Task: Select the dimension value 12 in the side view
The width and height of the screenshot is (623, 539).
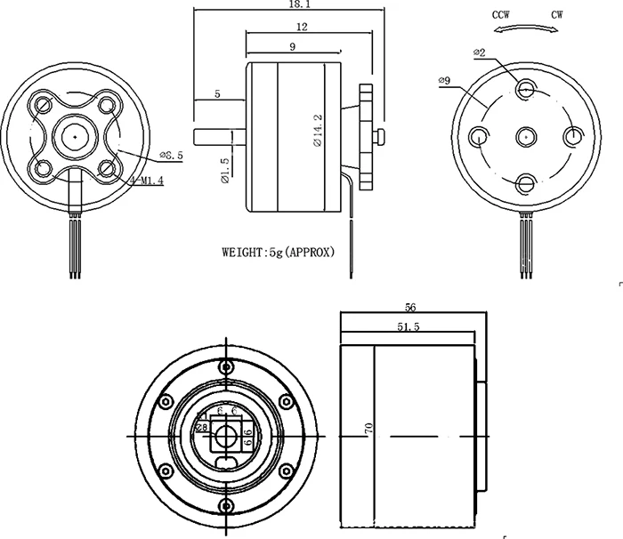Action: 303,28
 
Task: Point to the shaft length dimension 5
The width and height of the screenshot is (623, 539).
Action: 216,93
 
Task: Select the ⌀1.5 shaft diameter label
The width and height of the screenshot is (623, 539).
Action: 225,169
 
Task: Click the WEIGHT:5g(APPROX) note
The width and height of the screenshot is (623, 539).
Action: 278,252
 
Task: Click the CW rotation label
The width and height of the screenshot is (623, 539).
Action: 557,16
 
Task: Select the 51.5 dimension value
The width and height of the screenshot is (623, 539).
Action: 409,327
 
